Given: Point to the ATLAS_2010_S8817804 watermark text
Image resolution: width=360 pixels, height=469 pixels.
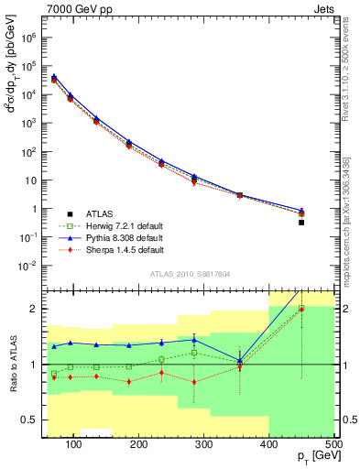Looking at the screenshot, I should [191, 272].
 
